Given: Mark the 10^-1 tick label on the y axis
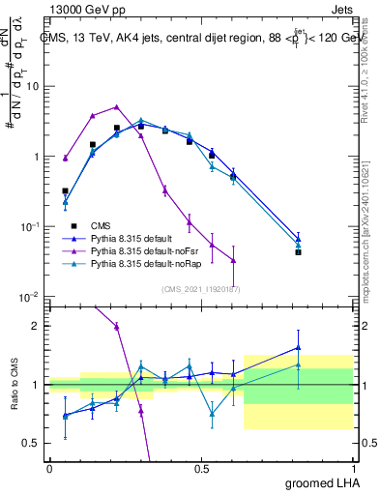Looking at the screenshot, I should (30, 226).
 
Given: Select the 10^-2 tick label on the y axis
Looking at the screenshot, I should (30, 296).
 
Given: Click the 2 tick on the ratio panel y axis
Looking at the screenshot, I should (38, 326).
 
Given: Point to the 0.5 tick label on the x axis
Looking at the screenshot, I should (201, 468).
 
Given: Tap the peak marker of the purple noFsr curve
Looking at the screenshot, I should (116, 107).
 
